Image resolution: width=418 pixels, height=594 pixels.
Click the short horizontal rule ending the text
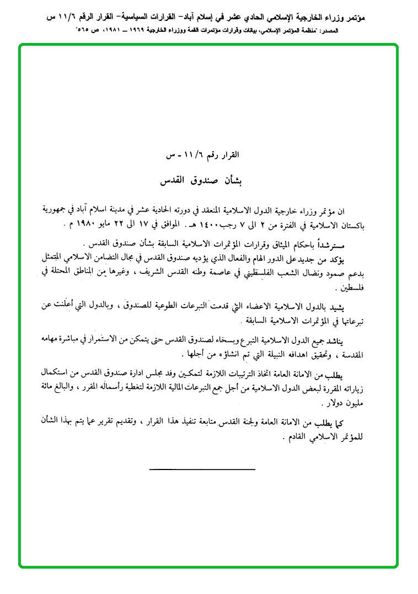coord(202,469)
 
